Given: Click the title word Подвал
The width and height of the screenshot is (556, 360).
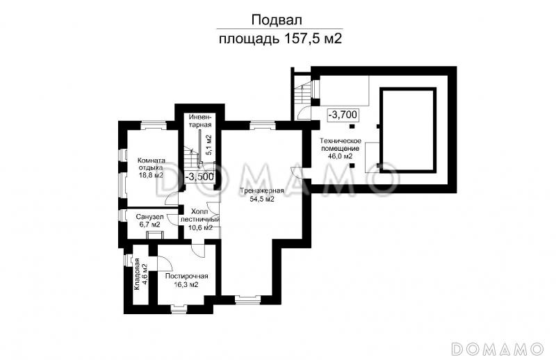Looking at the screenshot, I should (280, 19).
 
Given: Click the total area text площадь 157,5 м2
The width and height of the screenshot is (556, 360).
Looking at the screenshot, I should (280, 39).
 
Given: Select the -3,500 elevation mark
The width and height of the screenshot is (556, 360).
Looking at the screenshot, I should (199, 177).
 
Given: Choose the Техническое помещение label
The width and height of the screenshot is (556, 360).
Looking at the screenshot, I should (340, 145).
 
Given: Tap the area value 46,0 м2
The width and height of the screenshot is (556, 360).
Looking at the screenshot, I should (341, 156).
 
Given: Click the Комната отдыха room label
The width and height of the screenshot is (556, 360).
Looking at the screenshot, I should (150, 163).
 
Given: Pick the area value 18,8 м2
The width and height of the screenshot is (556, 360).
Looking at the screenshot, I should (150, 176).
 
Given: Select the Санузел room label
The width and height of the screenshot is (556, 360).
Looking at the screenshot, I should (150, 216).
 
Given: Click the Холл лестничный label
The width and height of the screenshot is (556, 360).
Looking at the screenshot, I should (199, 215).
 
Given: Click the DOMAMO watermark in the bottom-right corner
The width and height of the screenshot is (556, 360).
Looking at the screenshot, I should (496, 347).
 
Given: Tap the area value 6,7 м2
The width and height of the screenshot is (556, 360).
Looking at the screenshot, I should (150, 225).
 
